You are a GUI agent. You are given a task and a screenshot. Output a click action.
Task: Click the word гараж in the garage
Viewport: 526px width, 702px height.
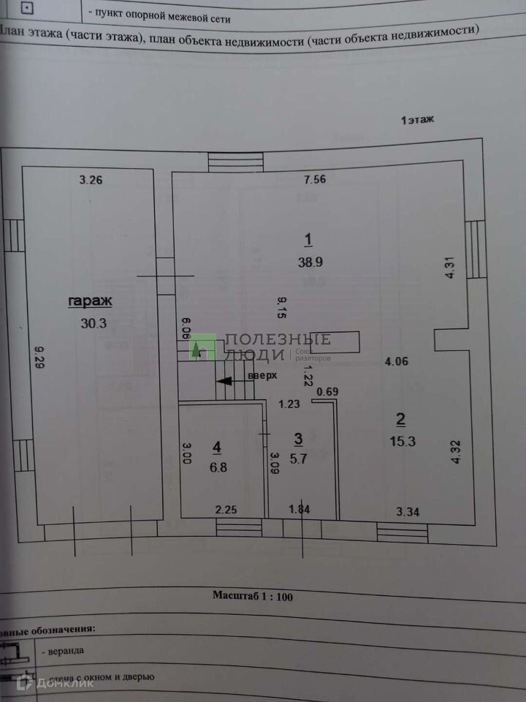pyautogui.click(x=91, y=301)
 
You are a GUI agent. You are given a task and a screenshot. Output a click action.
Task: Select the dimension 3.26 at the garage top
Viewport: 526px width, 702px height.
pyautogui.click(x=91, y=180)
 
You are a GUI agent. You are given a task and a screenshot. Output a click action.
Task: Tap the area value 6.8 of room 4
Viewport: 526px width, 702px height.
pyautogui.click(x=216, y=467)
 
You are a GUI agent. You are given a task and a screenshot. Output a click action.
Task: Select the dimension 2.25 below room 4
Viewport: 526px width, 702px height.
pyautogui.click(x=226, y=509)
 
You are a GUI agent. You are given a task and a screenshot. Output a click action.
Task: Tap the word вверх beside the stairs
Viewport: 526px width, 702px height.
pyautogui.click(x=263, y=376)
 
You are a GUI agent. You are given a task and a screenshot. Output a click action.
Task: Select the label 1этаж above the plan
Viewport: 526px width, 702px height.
pyautogui.click(x=417, y=121)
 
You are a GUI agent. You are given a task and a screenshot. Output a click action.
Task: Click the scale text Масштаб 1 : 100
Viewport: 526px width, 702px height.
pyautogui.click(x=253, y=596)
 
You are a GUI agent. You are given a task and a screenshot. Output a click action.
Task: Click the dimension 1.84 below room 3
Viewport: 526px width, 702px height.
pyautogui.click(x=300, y=509)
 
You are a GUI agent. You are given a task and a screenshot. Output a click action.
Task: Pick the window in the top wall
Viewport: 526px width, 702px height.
pyautogui.click(x=235, y=162)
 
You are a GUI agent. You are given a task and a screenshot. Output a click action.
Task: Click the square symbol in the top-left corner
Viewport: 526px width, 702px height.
pyautogui.click(x=28, y=9)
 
